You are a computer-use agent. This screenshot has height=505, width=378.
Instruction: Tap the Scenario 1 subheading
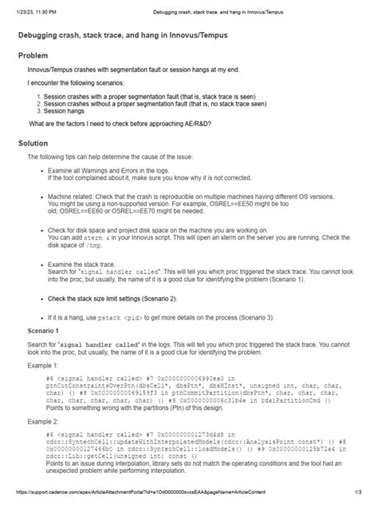49,329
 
